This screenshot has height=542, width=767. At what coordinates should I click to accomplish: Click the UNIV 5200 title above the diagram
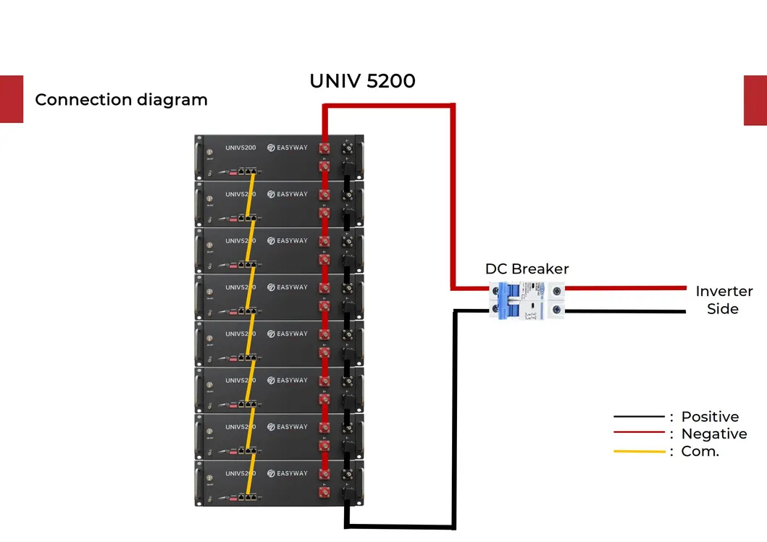(362, 81)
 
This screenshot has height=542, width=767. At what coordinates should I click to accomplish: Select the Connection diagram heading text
(121, 100)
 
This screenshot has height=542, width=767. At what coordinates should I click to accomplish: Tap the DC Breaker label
(527, 269)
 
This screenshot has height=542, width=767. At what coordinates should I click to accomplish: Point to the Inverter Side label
(724, 300)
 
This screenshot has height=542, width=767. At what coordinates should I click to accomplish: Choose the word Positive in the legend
(710, 417)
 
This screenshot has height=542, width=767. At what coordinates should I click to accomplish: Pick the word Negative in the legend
(713, 434)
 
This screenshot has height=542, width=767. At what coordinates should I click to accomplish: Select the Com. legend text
(700, 452)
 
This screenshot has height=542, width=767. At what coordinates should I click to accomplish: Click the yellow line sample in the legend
(639, 452)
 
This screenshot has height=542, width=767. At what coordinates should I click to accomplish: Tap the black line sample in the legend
(639, 417)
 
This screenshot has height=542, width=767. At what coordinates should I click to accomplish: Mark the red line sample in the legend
(639, 433)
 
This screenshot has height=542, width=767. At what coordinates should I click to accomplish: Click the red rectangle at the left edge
(11, 99)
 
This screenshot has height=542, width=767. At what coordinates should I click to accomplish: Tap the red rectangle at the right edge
(755, 100)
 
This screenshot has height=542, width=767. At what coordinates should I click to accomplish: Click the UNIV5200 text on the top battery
(240, 148)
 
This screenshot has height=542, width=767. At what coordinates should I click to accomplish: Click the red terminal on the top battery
(325, 148)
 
